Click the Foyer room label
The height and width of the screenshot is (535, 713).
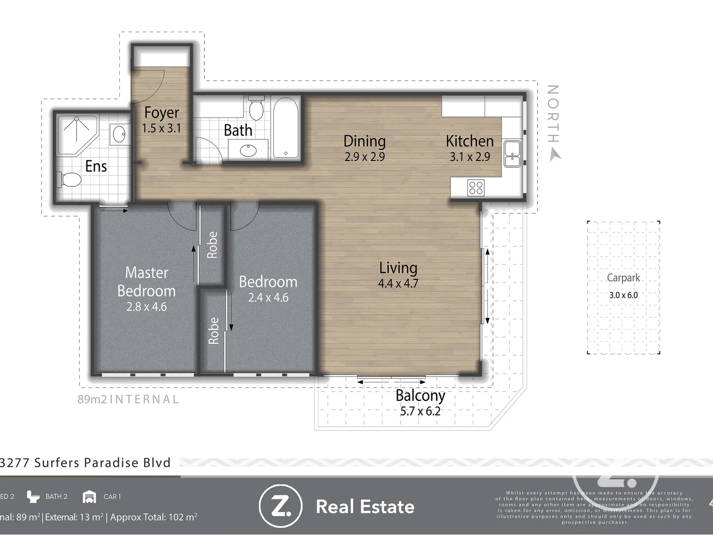point(161,113)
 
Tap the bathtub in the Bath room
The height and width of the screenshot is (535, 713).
point(286,128)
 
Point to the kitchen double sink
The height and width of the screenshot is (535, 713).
point(511,154)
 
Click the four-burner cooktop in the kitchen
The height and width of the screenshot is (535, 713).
point(476,188)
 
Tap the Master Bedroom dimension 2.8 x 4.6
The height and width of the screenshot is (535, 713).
point(147,307)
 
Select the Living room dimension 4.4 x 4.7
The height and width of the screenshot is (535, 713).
point(398,284)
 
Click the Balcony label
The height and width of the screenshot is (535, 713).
point(420,395)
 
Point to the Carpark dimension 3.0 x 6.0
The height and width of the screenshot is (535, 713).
point(623,295)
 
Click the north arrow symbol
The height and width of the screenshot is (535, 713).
point(556,156)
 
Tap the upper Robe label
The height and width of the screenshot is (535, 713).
point(212,245)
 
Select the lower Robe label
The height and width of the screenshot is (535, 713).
point(213,330)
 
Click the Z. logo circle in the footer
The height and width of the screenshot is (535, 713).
point(280,506)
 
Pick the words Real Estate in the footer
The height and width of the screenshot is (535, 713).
point(365,507)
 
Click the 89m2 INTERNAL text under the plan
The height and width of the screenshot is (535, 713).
point(128,399)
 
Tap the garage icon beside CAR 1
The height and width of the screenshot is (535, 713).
point(90,496)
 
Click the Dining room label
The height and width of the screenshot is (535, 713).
point(364,141)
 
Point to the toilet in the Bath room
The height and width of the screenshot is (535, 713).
point(255,109)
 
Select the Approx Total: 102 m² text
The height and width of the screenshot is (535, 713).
point(153,517)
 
